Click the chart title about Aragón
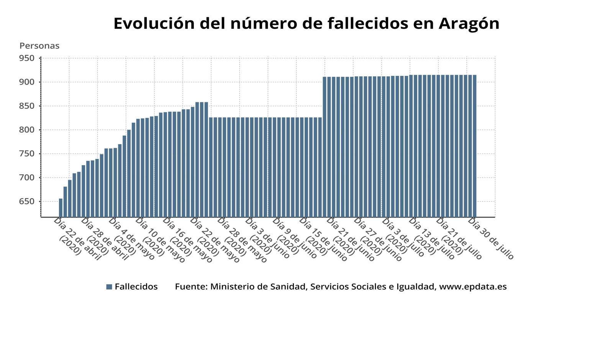coord(306,23)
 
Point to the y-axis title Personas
coord(39,46)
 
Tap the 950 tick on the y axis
coord(27,58)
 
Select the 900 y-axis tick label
coord(27,82)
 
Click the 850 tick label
coord(27,106)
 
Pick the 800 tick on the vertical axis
coord(27,130)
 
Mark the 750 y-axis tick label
coord(27,154)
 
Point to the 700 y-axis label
coord(27,178)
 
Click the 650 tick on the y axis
coord(27,201)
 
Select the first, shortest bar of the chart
coord(61,208)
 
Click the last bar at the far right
coord(474,146)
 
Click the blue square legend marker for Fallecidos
coord(109,287)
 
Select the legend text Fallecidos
coord(136,287)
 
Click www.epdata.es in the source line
coord(473,287)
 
